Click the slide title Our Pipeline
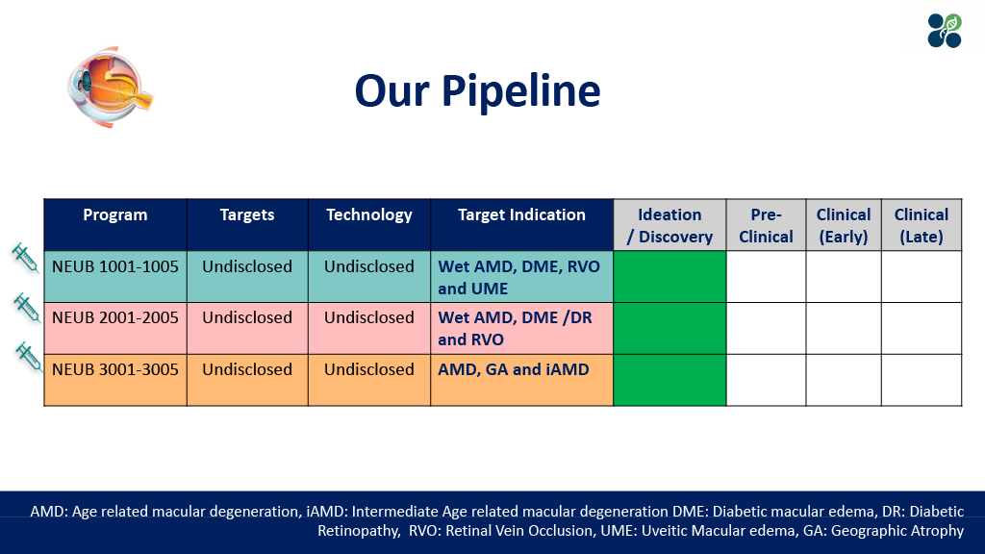click(477, 91)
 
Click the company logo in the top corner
click(944, 31)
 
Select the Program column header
click(115, 215)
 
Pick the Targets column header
click(247, 215)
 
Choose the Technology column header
click(369, 215)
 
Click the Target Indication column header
click(521, 215)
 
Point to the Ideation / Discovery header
click(669, 225)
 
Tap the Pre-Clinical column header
click(766, 225)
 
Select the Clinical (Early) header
click(844, 225)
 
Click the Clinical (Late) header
click(922, 225)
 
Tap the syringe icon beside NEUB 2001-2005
click(25, 308)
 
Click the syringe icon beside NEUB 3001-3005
click(26, 357)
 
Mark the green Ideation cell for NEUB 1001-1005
click(669, 277)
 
